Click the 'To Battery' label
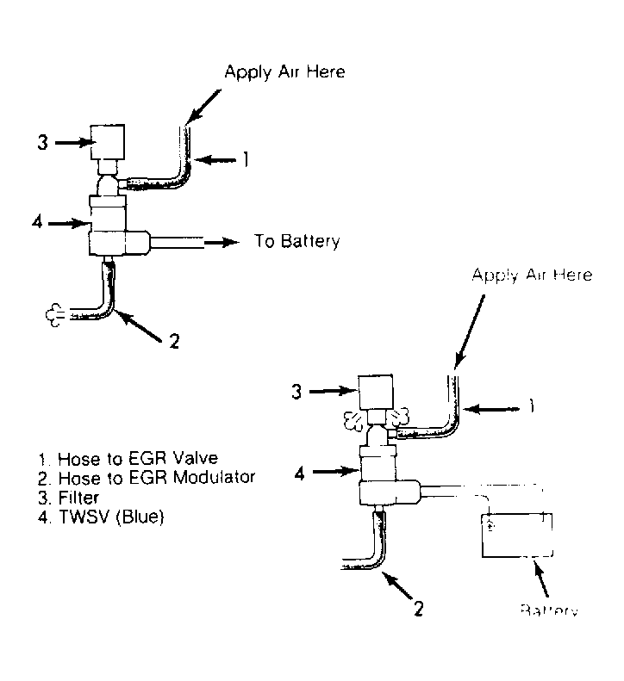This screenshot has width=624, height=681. (x=296, y=241)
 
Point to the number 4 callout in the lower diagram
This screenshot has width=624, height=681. (x=300, y=472)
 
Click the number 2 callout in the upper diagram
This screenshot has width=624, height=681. (x=174, y=341)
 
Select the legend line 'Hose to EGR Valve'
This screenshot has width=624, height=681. (x=120, y=458)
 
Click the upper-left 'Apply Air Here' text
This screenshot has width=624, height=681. (x=284, y=72)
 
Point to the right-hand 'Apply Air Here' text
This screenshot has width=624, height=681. (x=532, y=275)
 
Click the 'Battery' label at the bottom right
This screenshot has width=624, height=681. (x=547, y=610)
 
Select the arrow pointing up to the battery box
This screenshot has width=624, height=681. (x=543, y=588)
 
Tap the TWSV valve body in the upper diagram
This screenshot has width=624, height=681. (x=113, y=226)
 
